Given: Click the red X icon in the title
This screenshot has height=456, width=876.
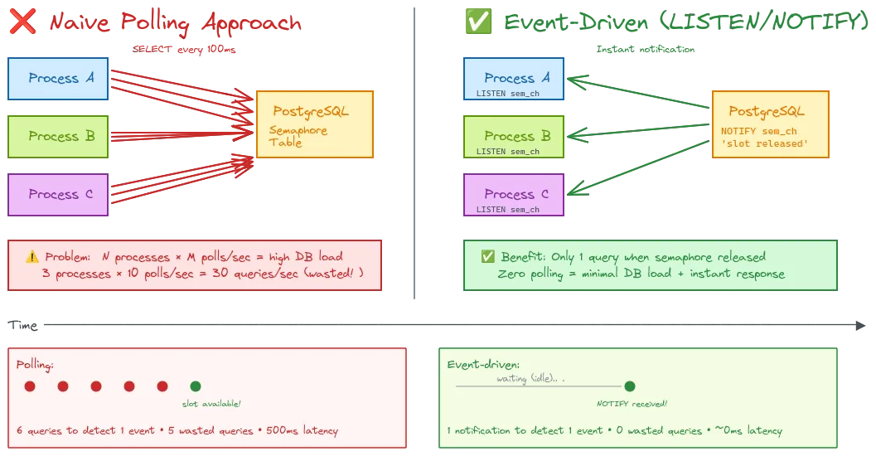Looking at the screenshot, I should click(x=20, y=22).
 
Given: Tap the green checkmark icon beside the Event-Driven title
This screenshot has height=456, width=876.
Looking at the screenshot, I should click(x=478, y=22).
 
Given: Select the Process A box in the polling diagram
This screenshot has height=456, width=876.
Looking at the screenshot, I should click(x=58, y=78).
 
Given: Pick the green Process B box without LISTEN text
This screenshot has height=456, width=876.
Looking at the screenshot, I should click(x=58, y=136).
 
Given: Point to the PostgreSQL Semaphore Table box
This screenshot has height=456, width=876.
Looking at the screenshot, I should click(x=315, y=124).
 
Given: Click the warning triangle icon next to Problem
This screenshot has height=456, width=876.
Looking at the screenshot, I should click(x=32, y=257).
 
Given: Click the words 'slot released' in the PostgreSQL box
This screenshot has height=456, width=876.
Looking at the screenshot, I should click(x=764, y=143).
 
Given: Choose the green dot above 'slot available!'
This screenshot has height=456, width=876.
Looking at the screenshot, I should click(x=196, y=386).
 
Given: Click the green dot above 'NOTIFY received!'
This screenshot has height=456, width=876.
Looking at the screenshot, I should click(x=630, y=386).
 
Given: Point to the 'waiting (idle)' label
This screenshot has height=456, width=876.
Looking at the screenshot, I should click(x=530, y=378).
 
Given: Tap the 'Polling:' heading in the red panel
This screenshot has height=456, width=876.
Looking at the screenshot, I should click(x=36, y=365).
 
